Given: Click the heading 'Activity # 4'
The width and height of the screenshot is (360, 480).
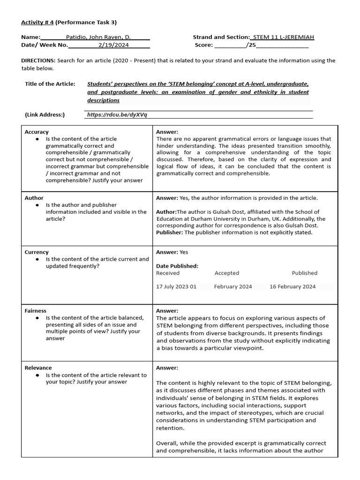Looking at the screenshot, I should pos(37,22).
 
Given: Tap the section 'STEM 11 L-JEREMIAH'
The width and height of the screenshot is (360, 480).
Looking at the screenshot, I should pos(283,37).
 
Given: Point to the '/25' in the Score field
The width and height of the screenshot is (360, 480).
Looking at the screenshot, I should pos(251,45).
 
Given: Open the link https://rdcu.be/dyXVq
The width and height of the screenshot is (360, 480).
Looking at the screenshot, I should pos(117,115).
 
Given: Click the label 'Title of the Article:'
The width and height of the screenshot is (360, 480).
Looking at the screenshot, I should pos(50,84).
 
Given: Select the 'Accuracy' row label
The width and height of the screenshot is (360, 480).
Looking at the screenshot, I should pos(37,132).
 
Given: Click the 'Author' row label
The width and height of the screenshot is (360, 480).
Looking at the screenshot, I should pos(34,198).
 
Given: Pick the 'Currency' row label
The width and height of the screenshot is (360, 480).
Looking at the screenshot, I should pos(37,252).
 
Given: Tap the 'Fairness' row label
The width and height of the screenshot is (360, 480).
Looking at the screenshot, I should pos(36,310).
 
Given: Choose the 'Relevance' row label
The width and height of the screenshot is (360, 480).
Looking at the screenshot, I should pos(38,367).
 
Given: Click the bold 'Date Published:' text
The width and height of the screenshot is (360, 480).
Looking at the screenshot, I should pos(177,266).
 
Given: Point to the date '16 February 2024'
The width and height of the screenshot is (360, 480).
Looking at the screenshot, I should pos(292,286).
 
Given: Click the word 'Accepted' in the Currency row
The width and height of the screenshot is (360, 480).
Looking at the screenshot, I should pos(227,273).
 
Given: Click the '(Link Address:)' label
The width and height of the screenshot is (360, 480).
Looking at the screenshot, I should pos(45,115).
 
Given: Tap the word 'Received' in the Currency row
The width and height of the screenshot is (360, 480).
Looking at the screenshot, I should pos(168,273).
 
